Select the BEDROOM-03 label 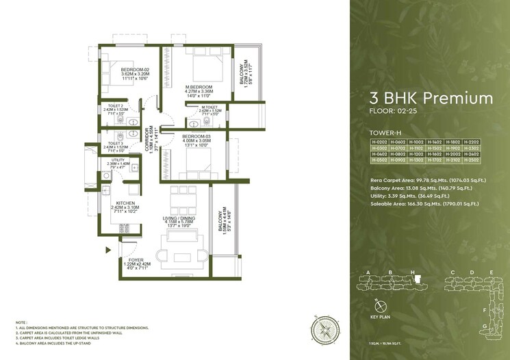tap(196, 137)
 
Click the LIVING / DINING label tap(181, 219)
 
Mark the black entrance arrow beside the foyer tap(107, 250)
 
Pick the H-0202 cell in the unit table tap(379, 142)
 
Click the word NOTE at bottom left tap(21, 322)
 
